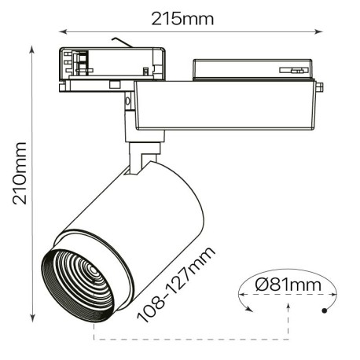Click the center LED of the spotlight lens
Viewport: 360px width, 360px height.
[x=93, y=273]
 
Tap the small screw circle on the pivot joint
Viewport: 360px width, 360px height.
[x=126, y=101]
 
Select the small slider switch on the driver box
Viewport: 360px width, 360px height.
[x=296, y=72]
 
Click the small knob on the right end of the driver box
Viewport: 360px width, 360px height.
[x=321, y=88]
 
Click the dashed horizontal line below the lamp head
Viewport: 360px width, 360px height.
[x=189, y=340]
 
